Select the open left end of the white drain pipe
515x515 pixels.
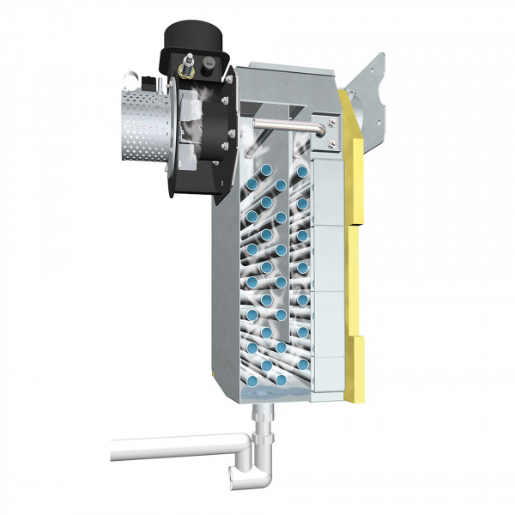point(113,448)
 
